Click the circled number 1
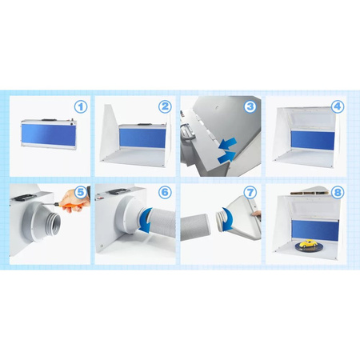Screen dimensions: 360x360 [81, 107]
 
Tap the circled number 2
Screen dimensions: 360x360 [165, 106]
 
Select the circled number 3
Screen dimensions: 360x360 [250, 106]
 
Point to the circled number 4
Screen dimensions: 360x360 [338, 106]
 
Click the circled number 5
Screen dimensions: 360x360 [81, 192]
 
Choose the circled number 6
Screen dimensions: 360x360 [165, 192]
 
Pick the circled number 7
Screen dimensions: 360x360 [250, 192]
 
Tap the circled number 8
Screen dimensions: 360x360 [338, 192]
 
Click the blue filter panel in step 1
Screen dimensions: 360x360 [49, 134]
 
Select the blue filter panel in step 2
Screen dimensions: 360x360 [142, 138]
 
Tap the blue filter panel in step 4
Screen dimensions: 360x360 [313, 140]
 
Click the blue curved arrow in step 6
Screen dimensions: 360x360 [147, 221]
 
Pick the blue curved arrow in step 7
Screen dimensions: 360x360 [227, 219]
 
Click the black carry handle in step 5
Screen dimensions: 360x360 [26, 198]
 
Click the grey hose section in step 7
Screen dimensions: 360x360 [195, 227]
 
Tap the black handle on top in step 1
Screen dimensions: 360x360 [50, 120]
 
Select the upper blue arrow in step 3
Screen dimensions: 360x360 [227, 143]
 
